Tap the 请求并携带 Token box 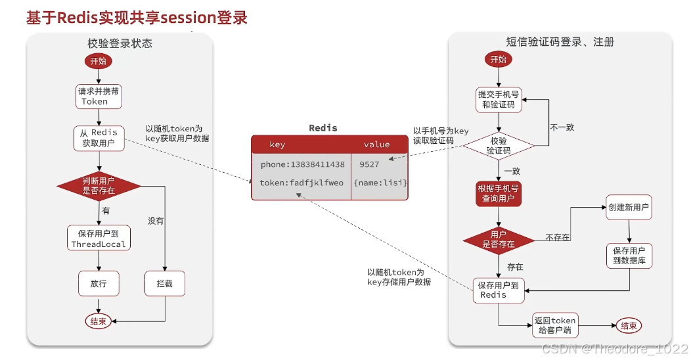click(x=99, y=97)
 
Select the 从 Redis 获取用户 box click(x=99, y=139)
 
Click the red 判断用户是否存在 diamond click(x=99, y=186)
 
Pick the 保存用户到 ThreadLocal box click(x=99, y=238)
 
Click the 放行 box click(x=99, y=284)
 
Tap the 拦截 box click(x=164, y=284)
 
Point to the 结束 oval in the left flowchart click(x=99, y=321)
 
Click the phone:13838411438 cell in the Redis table click(x=301, y=164)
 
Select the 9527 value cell click(x=369, y=164)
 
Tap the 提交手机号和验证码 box click(x=499, y=99)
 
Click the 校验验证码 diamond click(x=499, y=145)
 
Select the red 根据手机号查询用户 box click(x=499, y=194)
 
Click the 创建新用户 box click(x=629, y=208)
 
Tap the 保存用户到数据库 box click(x=629, y=256)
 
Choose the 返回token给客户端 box click(x=554, y=326)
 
